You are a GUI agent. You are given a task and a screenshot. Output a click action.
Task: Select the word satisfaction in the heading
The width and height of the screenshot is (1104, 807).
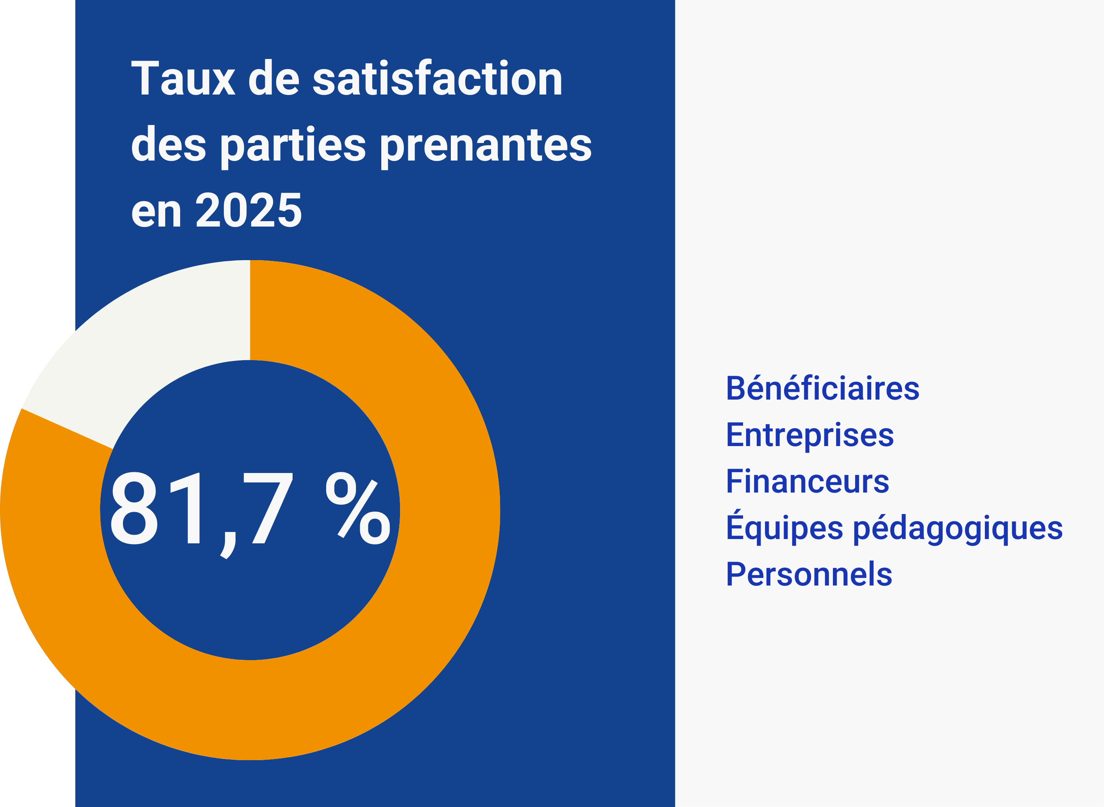(437, 78)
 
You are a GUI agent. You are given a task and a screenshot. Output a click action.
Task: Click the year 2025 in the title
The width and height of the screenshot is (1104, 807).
(248, 211)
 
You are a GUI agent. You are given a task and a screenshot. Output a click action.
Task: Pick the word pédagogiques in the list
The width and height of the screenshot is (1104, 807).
(958, 528)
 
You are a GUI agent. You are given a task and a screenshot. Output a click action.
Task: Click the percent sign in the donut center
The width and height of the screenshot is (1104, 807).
(358, 508)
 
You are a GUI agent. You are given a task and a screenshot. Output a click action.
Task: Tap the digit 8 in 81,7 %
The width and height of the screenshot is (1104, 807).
(134, 508)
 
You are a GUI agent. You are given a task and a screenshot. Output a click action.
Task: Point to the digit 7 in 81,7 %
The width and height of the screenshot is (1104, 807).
(268, 508)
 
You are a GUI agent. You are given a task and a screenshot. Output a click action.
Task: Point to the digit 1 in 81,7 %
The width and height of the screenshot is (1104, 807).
(188, 508)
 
